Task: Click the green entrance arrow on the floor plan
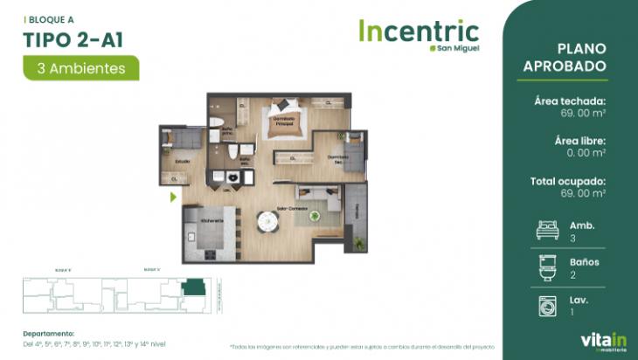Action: (173, 197)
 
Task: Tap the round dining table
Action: (267, 222)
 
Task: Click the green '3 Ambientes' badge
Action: (80, 67)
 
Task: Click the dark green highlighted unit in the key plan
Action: (191, 289)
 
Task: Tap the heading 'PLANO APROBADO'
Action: (576, 58)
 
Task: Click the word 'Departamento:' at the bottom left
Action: (49, 333)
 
